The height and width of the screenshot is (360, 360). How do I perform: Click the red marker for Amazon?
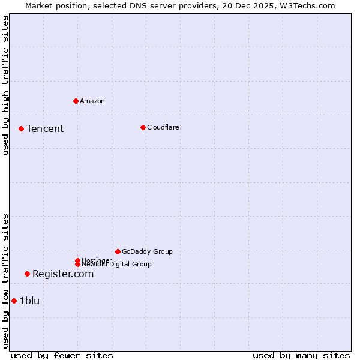tap(76, 101)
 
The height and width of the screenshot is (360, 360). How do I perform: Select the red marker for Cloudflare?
tap(143, 127)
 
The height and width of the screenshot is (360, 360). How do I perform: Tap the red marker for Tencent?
tap(21, 128)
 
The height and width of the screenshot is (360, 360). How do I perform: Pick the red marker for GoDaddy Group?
tap(118, 251)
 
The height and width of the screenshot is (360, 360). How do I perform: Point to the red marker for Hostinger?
tap(77, 260)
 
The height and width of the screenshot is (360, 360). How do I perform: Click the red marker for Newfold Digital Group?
tap(77, 264)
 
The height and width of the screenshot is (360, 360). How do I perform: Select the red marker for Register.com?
tap(27, 274)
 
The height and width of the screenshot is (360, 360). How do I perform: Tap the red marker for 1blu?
tap(14, 301)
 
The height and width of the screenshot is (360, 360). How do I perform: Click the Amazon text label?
tap(92, 101)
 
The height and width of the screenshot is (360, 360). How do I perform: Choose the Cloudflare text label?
tap(163, 127)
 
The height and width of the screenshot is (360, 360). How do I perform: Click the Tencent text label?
tap(45, 128)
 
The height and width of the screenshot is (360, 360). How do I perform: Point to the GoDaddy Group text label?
tap(147, 251)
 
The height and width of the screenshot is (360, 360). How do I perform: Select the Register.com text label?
tap(63, 274)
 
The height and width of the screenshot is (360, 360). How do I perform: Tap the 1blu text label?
tap(29, 301)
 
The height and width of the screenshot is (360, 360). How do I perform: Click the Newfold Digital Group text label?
tap(116, 265)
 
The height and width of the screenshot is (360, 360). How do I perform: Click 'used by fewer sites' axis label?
tap(62, 355)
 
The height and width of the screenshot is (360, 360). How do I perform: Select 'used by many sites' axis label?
tap(301, 355)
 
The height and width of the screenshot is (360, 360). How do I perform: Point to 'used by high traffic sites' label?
tap(6, 85)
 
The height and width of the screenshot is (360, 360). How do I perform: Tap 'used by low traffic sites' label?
tap(6, 281)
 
